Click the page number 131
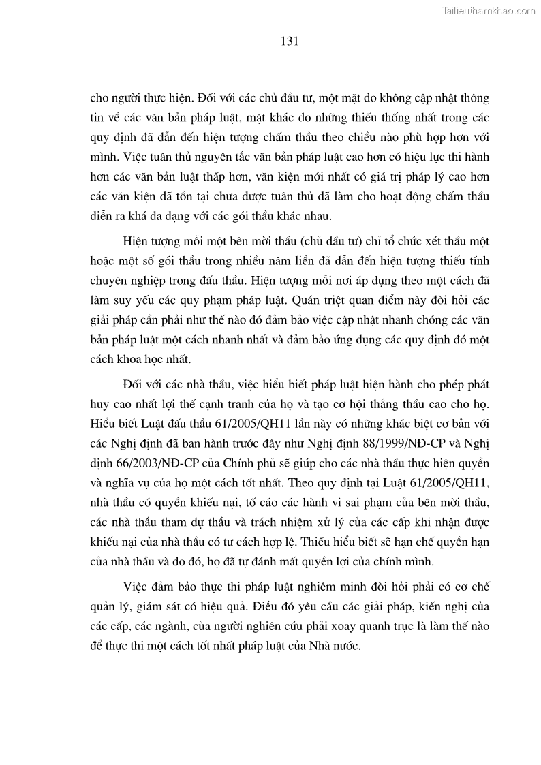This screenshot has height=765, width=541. [290, 41]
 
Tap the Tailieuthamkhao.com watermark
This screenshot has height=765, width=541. [489, 10]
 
